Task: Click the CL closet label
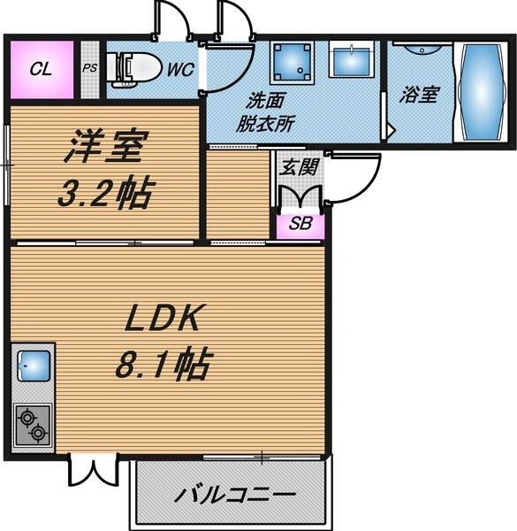pyautogui.click(x=40, y=69)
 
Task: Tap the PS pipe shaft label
pyautogui.click(x=89, y=68)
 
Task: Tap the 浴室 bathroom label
pyautogui.click(x=418, y=94)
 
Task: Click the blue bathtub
pyautogui.click(x=482, y=92)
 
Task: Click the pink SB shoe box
pyautogui.click(x=300, y=223)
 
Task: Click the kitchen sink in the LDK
pyautogui.click(x=34, y=363)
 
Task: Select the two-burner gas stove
pyautogui.click(x=34, y=424)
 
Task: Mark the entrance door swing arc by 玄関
pyautogui.click(x=358, y=177)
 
